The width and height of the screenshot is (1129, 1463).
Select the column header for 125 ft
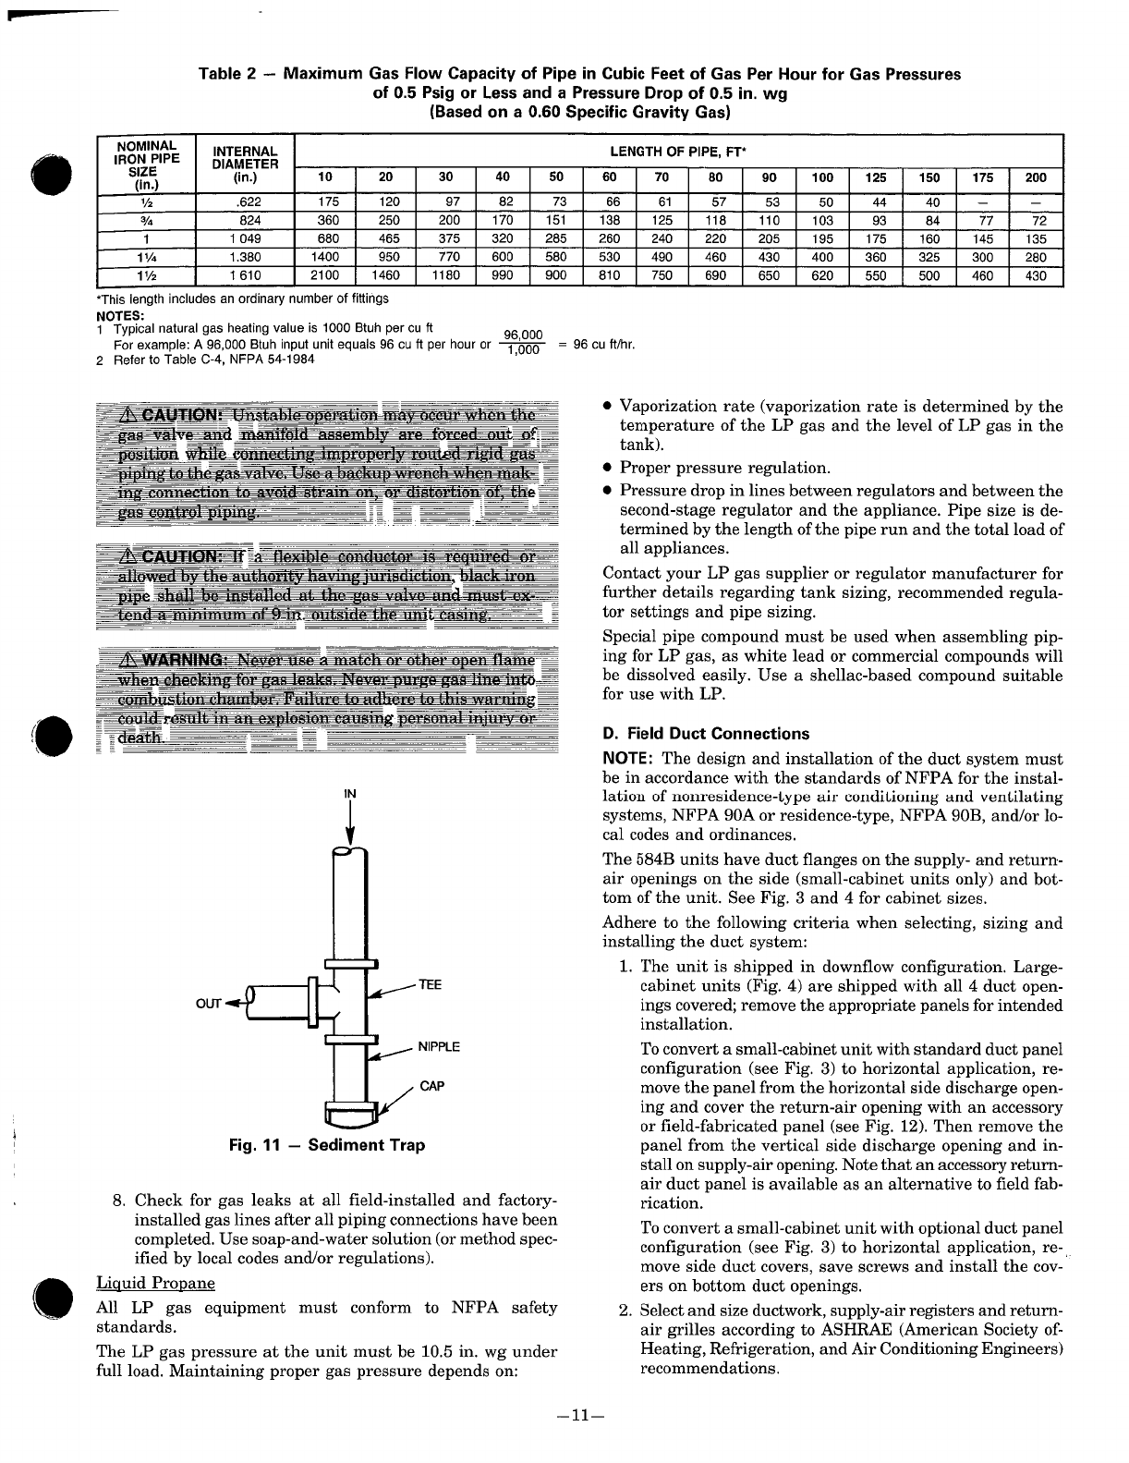pyautogui.click(x=875, y=178)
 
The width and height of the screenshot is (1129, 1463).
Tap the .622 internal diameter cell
pyautogui.click(x=244, y=202)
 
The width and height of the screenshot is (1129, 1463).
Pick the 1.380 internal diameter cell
pyautogui.click(x=244, y=257)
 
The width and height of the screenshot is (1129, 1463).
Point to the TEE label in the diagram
pyautogui.click(x=431, y=984)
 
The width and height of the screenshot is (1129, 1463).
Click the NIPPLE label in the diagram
pyautogui.click(x=439, y=1047)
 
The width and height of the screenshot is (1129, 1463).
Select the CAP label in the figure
pyautogui.click(x=431, y=1086)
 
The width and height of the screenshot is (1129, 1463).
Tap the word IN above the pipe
pyautogui.click(x=350, y=794)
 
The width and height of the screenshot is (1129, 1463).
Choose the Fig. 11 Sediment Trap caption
pyautogui.click(x=327, y=1145)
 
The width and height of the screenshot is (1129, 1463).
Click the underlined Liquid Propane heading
pyautogui.click(x=155, y=1283)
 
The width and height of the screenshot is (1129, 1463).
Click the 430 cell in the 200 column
pyautogui.click(x=1036, y=275)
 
